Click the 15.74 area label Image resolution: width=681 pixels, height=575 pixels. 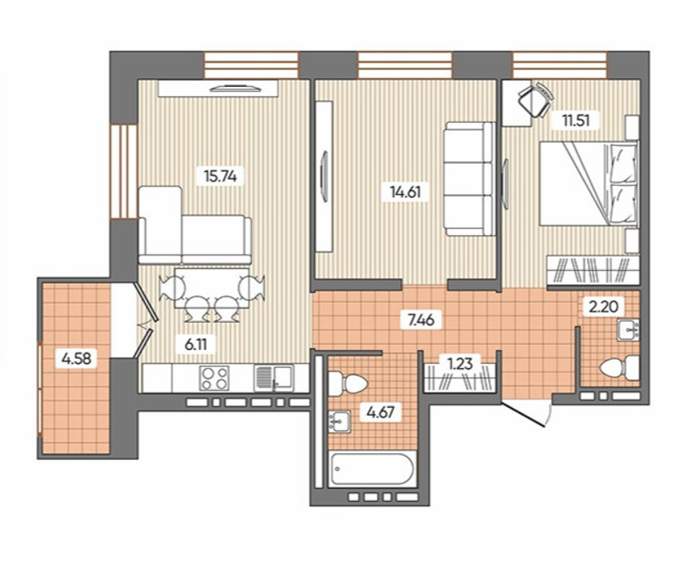220,176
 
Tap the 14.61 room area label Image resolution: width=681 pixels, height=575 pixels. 405,192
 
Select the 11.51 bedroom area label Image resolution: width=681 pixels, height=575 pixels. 576,120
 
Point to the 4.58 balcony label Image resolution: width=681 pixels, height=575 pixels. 77,359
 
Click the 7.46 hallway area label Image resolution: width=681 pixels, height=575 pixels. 421,320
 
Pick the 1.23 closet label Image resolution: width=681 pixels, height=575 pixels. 460,363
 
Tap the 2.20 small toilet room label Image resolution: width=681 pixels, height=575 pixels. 604,308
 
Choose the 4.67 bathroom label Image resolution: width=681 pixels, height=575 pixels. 381,411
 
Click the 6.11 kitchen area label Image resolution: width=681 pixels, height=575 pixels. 196,345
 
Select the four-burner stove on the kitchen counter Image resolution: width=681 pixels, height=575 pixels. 215,377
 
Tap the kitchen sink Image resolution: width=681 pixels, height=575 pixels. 273,377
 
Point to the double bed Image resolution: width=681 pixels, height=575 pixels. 588,183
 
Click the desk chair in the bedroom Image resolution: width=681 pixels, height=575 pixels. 535,99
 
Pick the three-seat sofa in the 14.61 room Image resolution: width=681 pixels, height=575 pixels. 469,179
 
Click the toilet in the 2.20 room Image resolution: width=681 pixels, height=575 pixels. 619,367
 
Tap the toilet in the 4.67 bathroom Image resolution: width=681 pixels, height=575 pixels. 347,382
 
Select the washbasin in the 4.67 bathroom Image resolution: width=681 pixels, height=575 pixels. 339,422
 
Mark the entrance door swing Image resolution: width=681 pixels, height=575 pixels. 527,413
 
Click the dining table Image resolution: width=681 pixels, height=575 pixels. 211,288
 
